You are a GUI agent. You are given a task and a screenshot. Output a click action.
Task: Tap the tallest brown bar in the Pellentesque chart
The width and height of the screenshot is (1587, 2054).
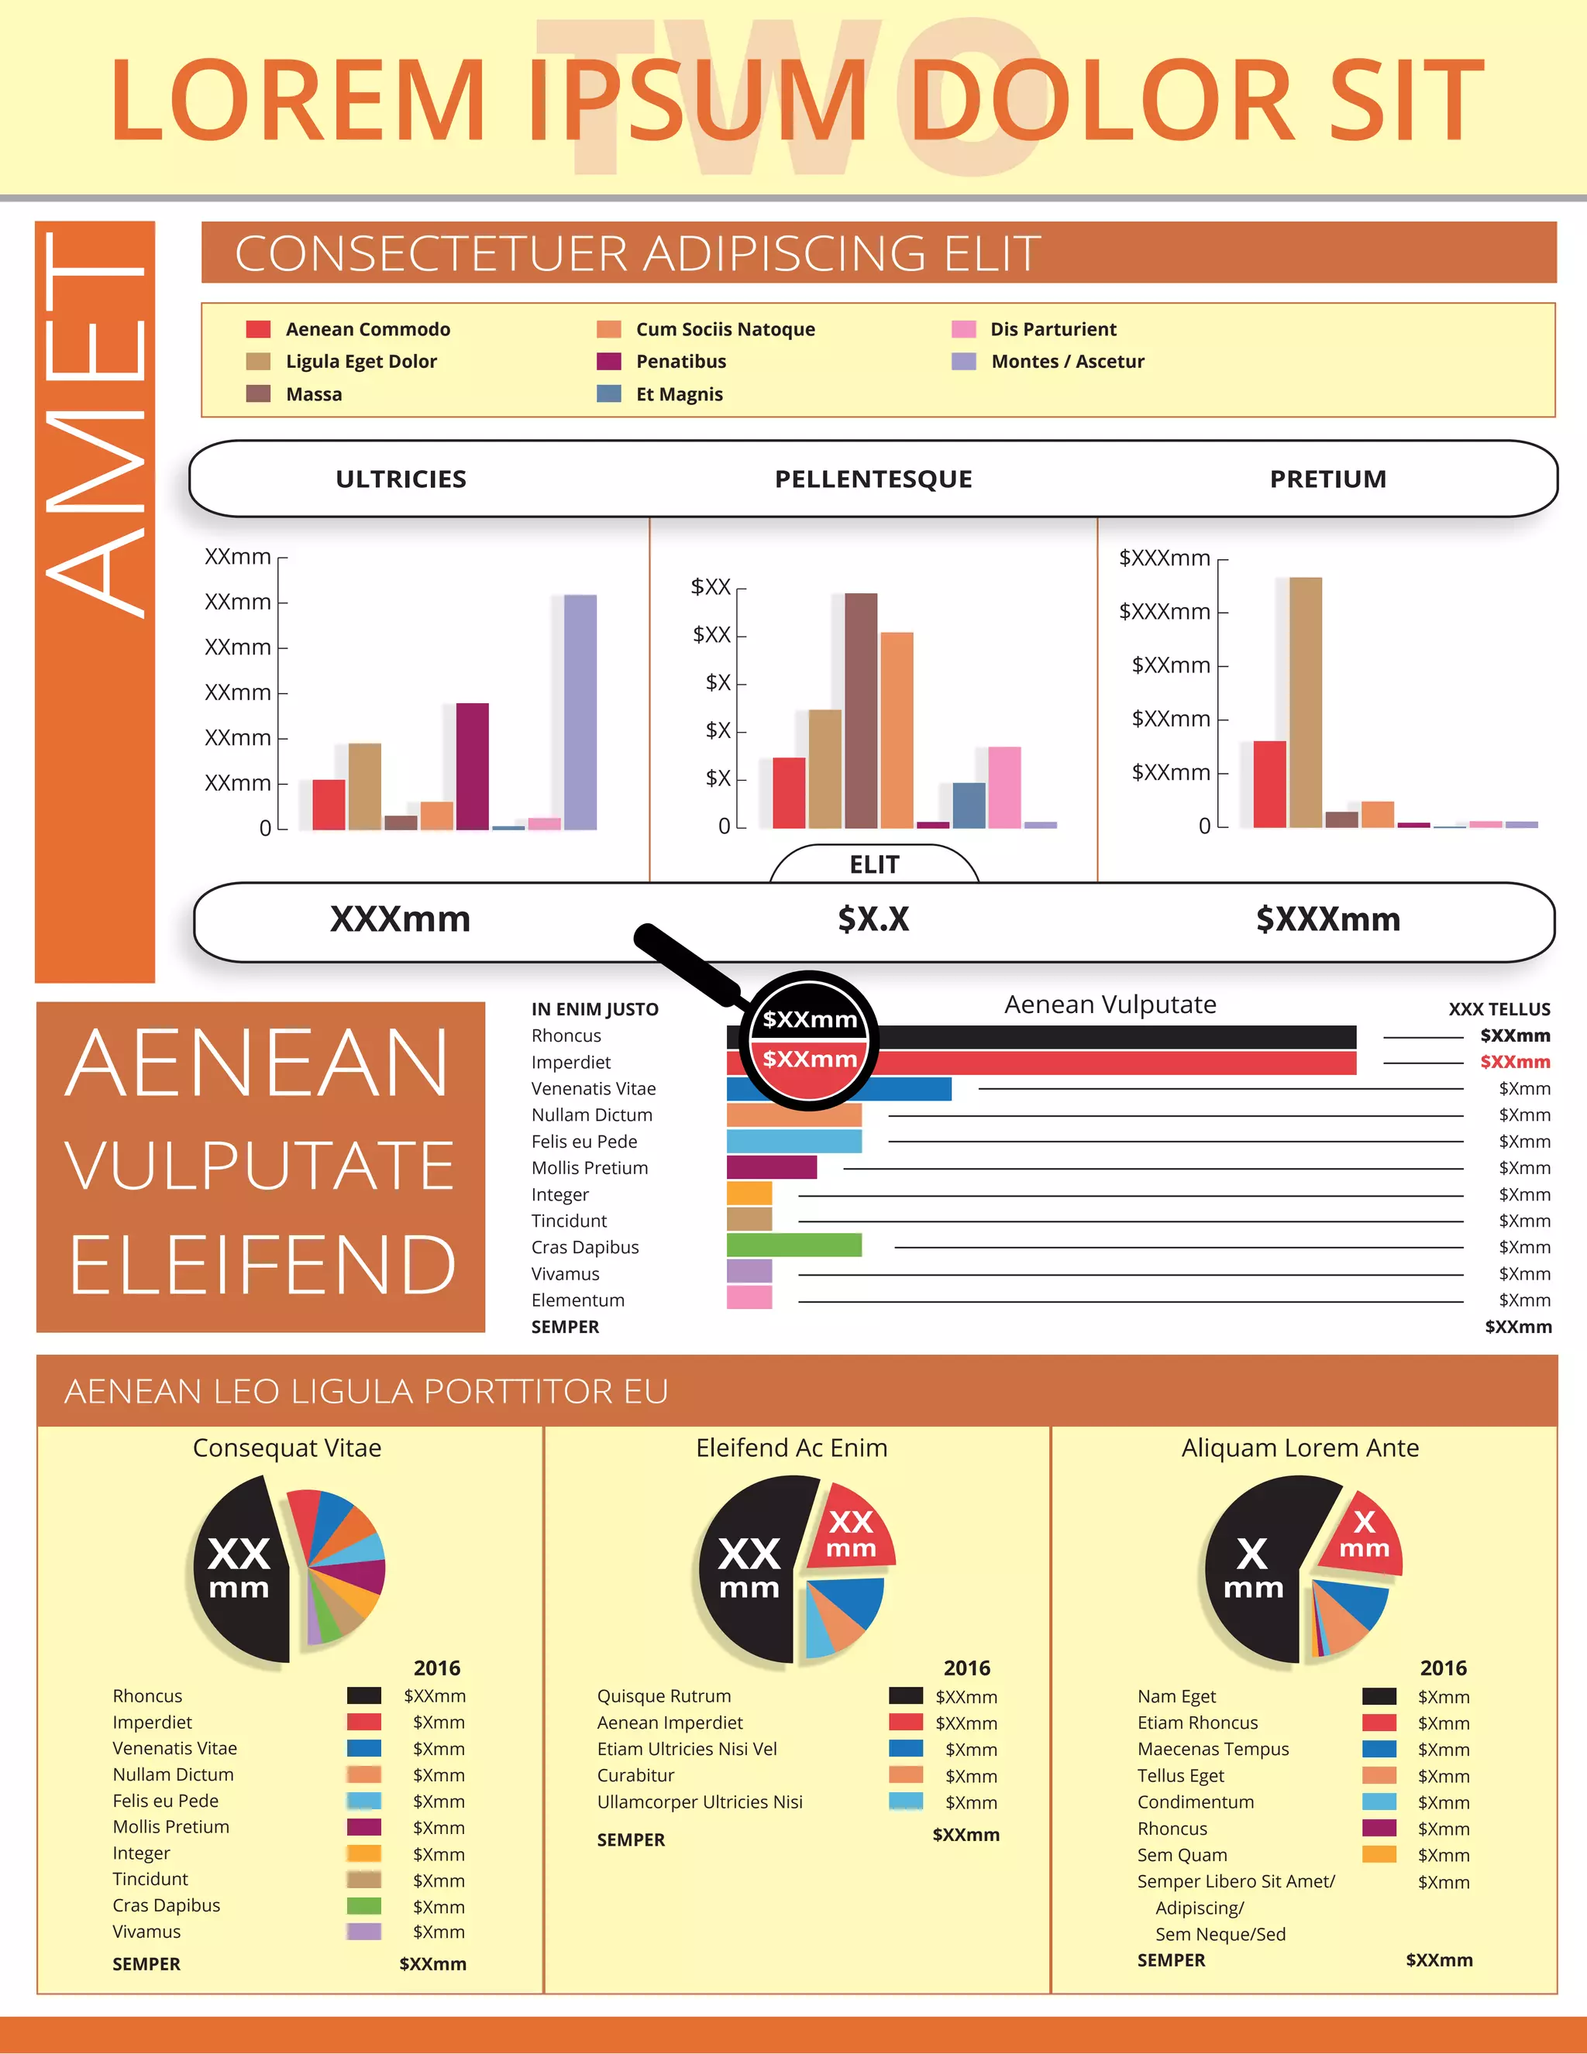pos(860,710)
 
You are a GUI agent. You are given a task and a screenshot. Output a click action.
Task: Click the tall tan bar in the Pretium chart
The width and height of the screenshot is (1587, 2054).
pos(1305,702)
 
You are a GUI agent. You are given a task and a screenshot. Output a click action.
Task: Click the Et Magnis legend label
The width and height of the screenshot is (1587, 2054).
pos(680,395)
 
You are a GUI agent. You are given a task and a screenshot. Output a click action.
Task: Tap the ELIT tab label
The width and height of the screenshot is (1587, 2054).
pos(874,865)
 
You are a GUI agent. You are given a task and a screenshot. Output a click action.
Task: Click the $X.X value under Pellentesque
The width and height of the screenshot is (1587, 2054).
pos(873,919)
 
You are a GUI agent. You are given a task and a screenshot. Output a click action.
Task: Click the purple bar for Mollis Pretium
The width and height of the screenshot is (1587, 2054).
pos(770,1167)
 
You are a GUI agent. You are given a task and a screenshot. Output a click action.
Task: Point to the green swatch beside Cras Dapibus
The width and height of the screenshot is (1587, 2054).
pos(363,1905)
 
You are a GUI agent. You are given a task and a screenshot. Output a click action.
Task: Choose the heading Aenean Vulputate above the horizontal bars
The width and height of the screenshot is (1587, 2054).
pos(1110,1005)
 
